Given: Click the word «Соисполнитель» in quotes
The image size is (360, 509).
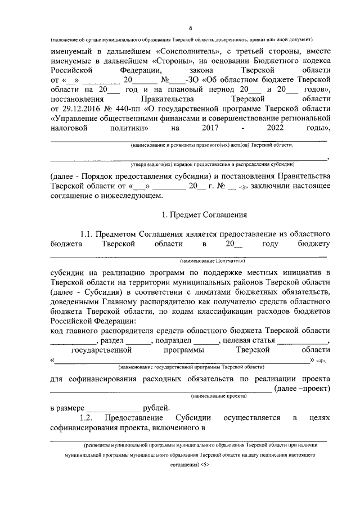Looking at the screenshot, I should click(x=181, y=51).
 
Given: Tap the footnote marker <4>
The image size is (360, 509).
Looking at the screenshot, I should click(x=321, y=361).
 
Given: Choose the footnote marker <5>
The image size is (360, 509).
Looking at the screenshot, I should click(x=205, y=466).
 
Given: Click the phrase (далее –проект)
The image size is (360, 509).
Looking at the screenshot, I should click(x=301, y=389).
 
